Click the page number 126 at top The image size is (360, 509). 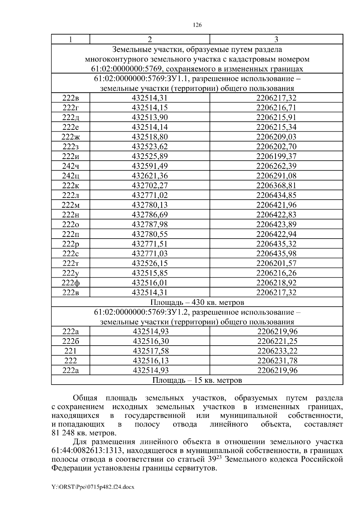pyautogui.click(x=197, y=25)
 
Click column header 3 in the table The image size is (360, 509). pyautogui.click(x=276, y=39)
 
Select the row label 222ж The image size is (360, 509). pyautogui.click(x=71, y=137)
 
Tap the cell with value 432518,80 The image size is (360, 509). pyautogui.click(x=150, y=137)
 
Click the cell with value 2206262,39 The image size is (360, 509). pyautogui.click(x=276, y=166)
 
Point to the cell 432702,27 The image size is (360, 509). pyautogui.click(x=150, y=186)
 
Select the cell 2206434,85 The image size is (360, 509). pyautogui.click(x=276, y=195)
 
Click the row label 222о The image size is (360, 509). pyautogui.click(x=70, y=225)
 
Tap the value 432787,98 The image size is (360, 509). pyautogui.click(x=150, y=225)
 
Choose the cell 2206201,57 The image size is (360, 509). pyautogui.click(x=276, y=263)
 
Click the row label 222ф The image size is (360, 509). pyautogui.click(x=70, y=283)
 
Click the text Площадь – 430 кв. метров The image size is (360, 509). pyautogui.click(x=197, y=302)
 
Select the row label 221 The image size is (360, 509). pyautogui.click(x=70, y=351)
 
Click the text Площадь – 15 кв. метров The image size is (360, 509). pyautogui.click(x=197, y=380)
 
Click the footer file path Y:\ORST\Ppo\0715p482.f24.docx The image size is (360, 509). pyautogui.click(x=93, y=487)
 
